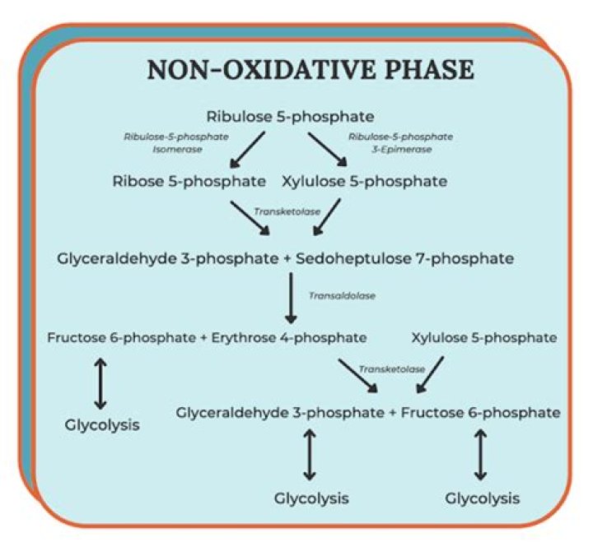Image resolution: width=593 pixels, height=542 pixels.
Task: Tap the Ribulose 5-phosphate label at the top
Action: pos(296,116)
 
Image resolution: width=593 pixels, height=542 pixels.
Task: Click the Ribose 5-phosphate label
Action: pos(189,181)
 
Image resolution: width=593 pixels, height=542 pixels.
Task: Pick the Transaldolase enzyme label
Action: pos(341,295)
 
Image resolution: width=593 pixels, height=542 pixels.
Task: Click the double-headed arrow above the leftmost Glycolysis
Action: pos(100,382)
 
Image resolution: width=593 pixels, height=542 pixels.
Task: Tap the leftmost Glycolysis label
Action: pos(101,425)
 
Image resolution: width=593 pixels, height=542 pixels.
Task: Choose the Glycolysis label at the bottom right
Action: pos(483,498)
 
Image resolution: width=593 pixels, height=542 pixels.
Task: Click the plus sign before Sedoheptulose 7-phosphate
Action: pos(287,259)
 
